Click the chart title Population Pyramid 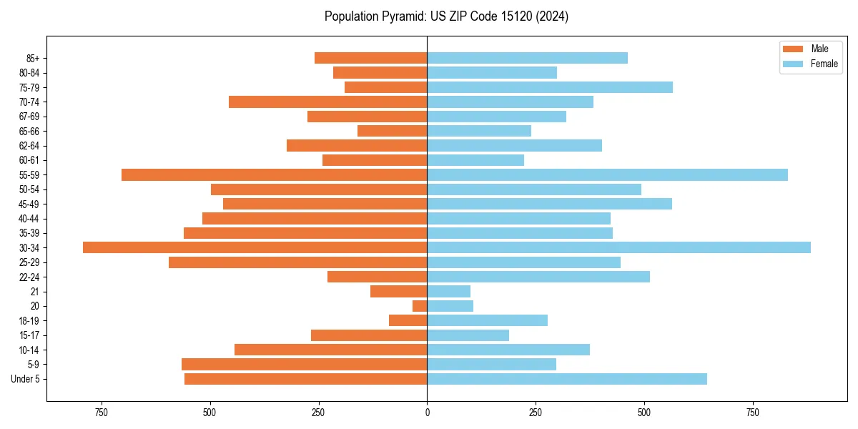446,16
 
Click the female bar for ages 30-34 618,247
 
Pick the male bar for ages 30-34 255,247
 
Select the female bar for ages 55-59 607,174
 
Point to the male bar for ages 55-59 274,174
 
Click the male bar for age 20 420,306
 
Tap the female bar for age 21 448,291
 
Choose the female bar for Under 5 567,379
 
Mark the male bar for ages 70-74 327,102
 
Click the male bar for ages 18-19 408,320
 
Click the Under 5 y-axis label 26,379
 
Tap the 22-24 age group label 29,277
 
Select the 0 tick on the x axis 427,413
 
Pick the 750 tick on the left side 101,413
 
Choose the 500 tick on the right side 644,413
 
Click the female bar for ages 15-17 468,335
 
